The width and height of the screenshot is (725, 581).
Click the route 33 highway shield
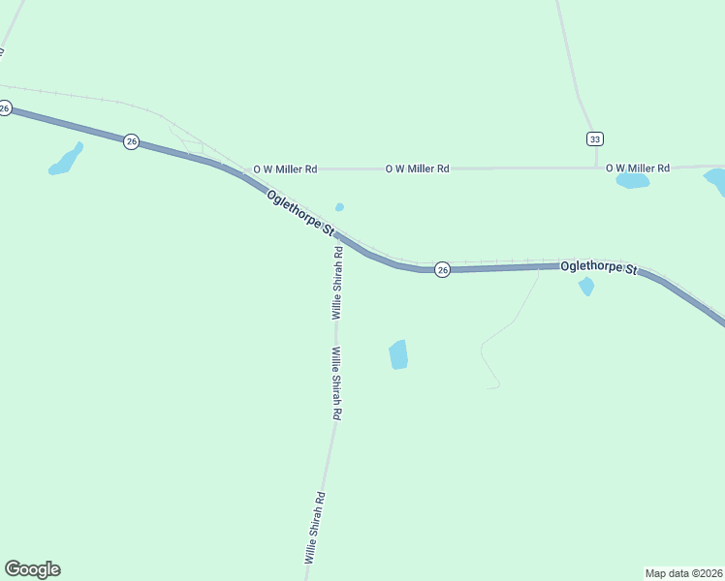(x=594, y=138)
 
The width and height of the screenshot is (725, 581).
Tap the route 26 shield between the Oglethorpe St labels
(x=442, y=269)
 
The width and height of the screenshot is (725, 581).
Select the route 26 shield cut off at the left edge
(x=5, y=108)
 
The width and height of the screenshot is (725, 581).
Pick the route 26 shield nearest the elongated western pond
(x=132, y=141)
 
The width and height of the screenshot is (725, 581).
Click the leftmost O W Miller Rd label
(x=285, y=168)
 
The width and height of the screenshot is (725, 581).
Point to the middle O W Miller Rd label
(x=417, y=168)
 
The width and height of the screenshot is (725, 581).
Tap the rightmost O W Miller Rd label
(x=638, y=168)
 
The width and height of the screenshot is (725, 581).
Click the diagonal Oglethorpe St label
(x=300, y=213)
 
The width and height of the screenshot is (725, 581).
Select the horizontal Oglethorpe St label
(x=599, y=267)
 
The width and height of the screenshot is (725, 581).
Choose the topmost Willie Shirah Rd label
(x=337, y=283)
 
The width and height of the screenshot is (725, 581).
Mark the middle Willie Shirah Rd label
(x=337, y=382)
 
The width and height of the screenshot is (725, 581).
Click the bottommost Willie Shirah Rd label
(x=315, y=528)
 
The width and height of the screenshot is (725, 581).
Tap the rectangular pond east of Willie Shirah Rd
(x=398, y=354)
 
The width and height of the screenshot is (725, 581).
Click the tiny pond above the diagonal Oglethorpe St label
(x=339, y=207)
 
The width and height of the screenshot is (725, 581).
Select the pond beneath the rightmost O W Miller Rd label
(x=632, y=181)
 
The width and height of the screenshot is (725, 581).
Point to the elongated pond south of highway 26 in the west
(x=66, y=160)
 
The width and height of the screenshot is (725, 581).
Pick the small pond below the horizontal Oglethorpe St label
(x=585, y=287)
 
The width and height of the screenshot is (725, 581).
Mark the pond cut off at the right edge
(x=715, y=180)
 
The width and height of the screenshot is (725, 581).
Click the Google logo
(x=32, y=569)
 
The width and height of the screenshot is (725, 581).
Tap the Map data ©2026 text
(x=683, y=572)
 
